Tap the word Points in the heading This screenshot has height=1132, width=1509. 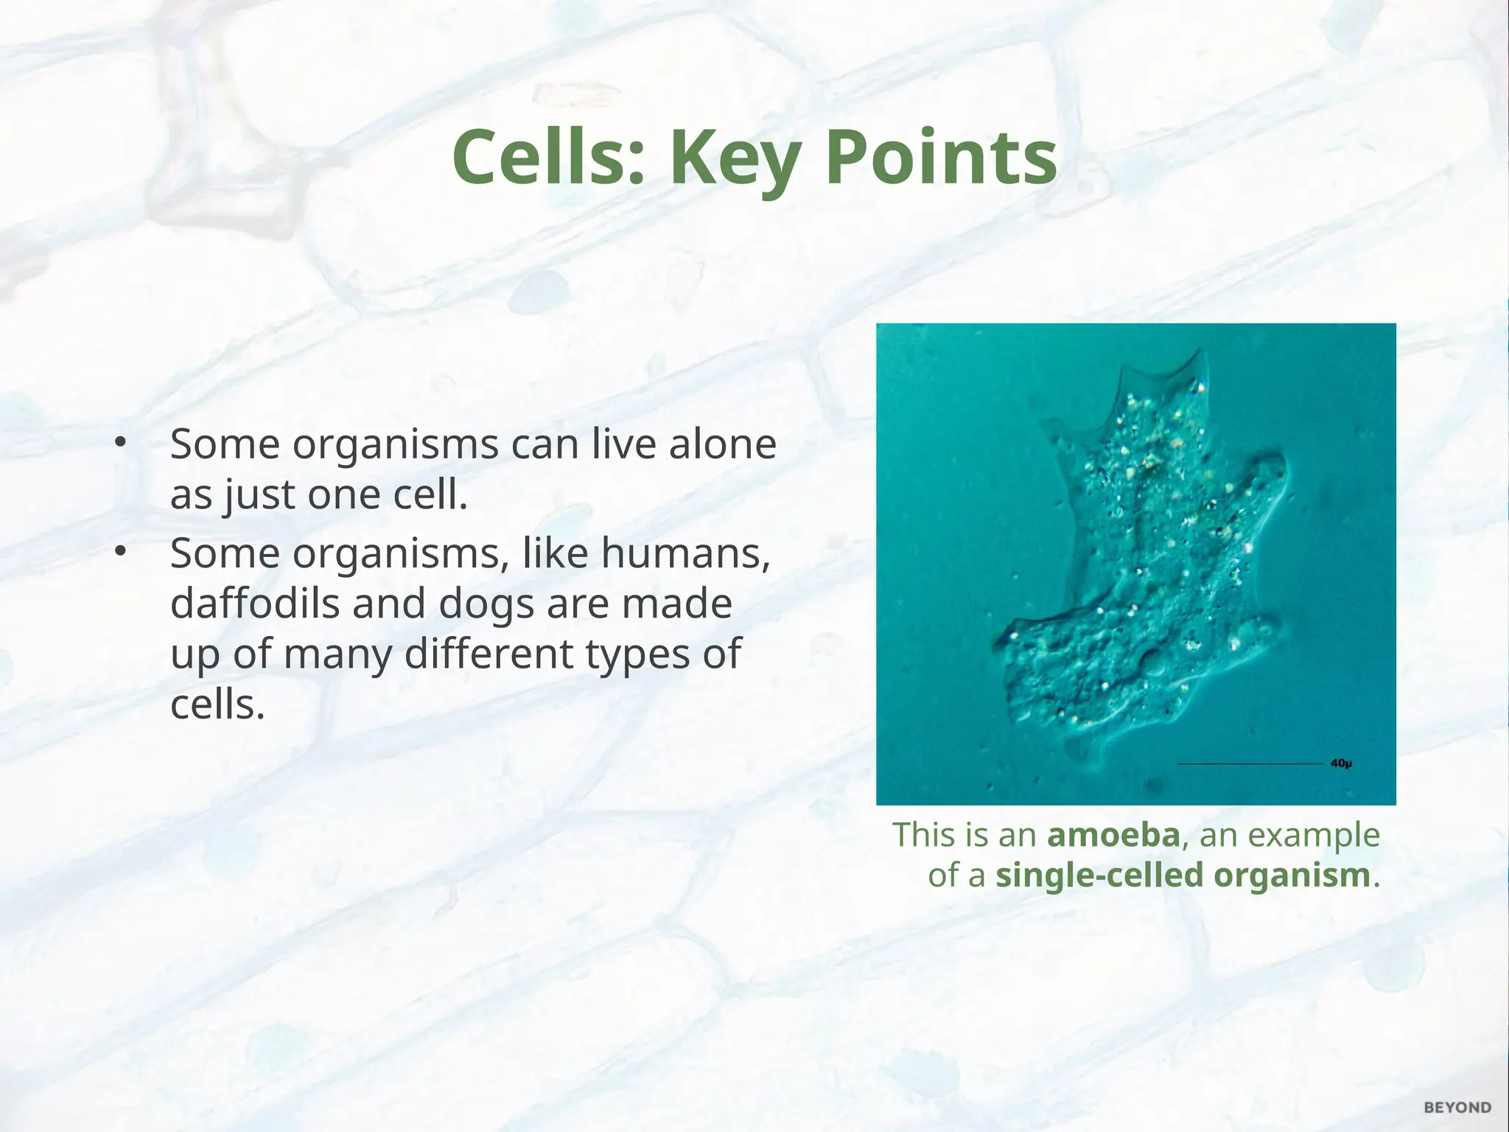tap(941, 158)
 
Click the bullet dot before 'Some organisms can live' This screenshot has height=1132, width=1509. tap(121, 443)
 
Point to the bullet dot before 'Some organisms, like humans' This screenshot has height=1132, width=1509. tap(121, 552)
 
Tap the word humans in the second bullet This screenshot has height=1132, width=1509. tap(685, 553)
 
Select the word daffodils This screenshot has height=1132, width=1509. tap(255, 604)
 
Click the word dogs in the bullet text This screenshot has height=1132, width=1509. tap(486, 605)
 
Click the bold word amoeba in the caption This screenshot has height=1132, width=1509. tap(1113, 835)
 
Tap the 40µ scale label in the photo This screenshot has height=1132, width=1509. tap(1341, 764)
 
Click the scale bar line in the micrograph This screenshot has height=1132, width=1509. tap(1250, 764)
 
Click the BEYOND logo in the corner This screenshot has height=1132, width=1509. tap(1457, 1108)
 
